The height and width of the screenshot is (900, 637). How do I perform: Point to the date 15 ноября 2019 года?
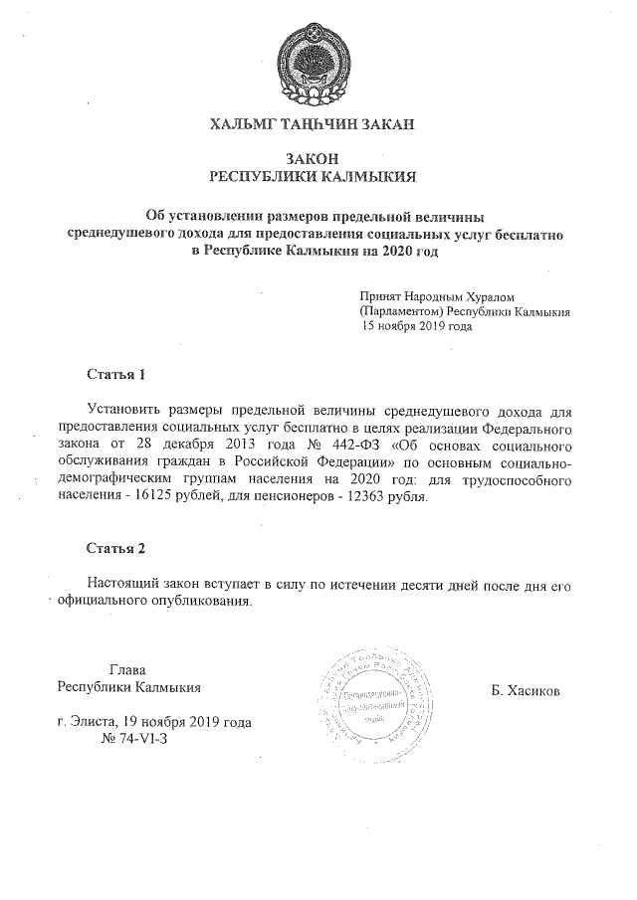(x=417, y=326)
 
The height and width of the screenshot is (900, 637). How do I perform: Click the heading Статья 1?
(x=116, y=375)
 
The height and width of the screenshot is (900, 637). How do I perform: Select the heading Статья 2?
(x=116, y=548)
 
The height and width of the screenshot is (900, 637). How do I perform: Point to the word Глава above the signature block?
(x=127, y=669)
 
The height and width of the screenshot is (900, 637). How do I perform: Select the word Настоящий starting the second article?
(x=123, y=583)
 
